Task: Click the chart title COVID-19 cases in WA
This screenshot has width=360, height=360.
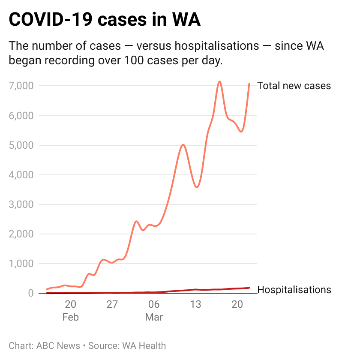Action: (105, 20)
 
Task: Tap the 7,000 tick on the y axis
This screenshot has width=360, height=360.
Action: (21, 86)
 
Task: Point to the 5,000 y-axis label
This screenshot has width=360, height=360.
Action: (21, 145)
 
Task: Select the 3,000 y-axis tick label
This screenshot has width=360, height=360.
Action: (21, 204)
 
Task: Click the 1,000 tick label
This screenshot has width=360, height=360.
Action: (21, 264)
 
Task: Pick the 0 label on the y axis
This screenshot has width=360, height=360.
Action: (31, 293)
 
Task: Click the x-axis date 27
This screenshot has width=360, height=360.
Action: (112, 305)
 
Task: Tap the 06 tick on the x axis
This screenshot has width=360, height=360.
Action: (154, 305)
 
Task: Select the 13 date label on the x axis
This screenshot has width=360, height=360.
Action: (195, 305)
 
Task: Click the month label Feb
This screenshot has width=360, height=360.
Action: (71, 318)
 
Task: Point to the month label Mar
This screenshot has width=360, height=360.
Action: (154, 318)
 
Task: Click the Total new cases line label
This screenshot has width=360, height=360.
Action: (294, 86)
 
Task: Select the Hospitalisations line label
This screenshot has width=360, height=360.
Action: (294, 290)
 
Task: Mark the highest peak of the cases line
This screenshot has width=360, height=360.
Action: (219, 81)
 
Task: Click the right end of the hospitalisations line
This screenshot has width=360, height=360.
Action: (249, 288)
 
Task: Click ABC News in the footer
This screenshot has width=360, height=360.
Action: (58, 345)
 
